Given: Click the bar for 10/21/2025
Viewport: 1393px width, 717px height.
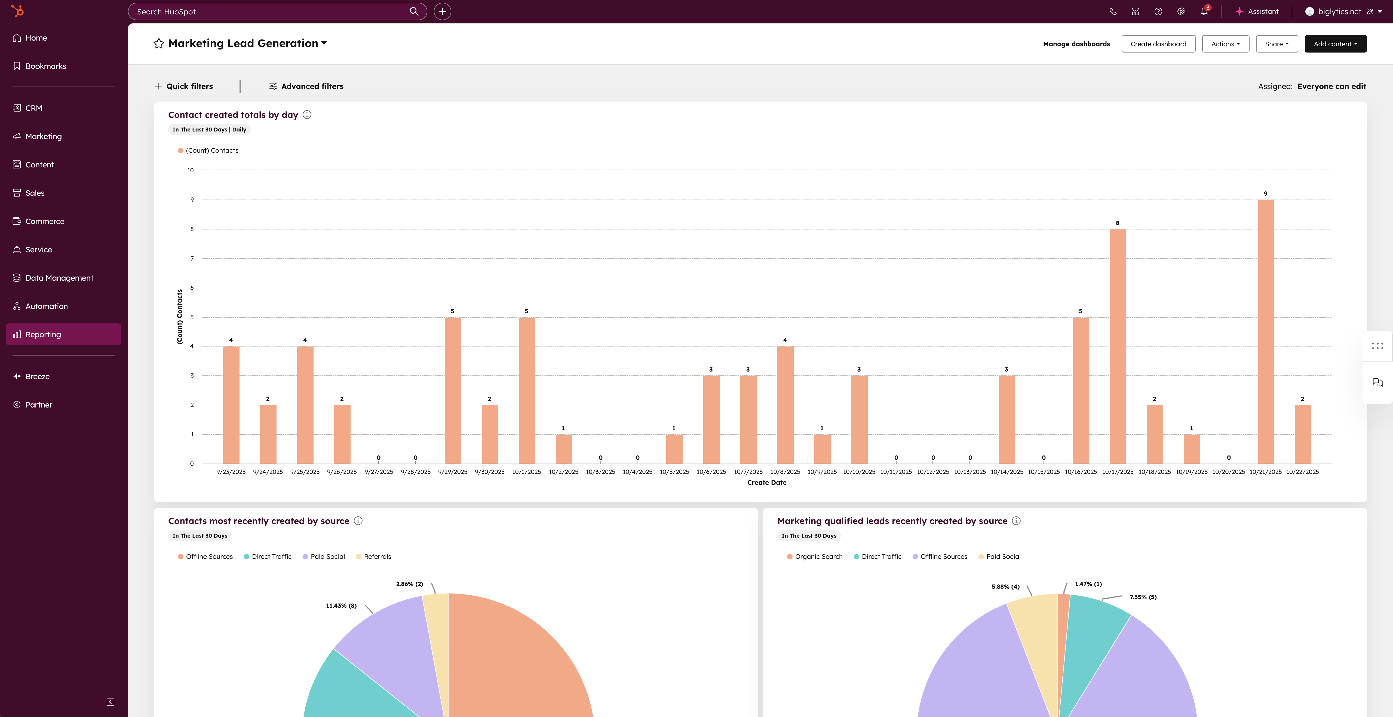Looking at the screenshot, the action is coord(1265,332).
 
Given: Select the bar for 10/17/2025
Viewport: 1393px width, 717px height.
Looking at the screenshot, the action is coord(1118,346).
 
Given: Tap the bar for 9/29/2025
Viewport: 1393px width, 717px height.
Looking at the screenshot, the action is coord(453,390).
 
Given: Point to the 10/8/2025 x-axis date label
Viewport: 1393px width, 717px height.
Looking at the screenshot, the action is coord(785,471).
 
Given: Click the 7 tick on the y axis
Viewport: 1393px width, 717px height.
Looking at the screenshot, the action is coord(192,259).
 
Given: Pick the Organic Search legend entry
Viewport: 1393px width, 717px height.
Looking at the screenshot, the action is coord(815,556).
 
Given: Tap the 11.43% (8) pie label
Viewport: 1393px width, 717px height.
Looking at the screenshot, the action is coord(341,606).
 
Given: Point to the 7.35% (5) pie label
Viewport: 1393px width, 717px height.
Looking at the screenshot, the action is coord(1143,597).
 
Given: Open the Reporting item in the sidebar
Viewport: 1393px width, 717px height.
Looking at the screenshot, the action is coord(63,334).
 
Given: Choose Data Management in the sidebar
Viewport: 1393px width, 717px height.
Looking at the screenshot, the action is coord(60,278).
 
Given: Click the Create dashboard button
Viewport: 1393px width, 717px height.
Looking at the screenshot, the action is coord(1158,44).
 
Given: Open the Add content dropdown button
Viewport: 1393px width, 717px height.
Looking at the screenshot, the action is coord(1335,44).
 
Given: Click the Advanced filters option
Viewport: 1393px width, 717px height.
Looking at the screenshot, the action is coord(306,86).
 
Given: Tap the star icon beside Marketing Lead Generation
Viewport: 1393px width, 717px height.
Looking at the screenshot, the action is coord(158,43).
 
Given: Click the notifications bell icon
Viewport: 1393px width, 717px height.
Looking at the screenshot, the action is coord(1204,11).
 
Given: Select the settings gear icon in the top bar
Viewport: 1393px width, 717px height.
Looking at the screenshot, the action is coord(1181,11).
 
